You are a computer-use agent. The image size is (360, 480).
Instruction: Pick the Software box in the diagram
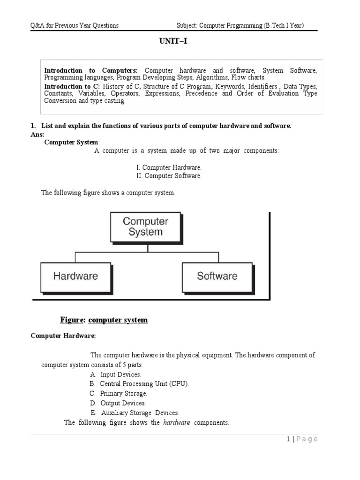click(x=217, y=276)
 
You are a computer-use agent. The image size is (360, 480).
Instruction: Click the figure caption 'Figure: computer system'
click(x=104, y=320)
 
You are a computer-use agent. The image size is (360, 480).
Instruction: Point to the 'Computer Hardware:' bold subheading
click(x=63, y=336)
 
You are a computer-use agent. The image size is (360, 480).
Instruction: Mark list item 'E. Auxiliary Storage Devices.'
click(x=135, y=413)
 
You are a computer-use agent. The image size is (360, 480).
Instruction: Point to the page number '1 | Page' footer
click(x=301, y=439)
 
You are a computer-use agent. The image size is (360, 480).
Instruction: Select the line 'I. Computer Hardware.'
click(x=168, y=167)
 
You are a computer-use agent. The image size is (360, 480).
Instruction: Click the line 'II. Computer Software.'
click(x=168, y=176)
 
